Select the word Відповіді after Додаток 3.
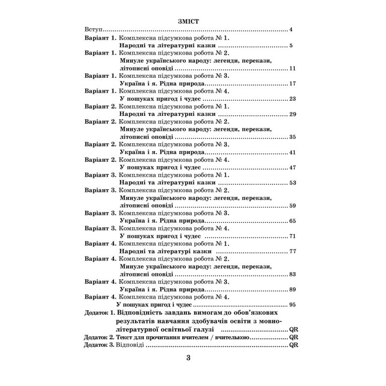click(x=130, y=345)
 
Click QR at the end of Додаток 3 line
click(x=294, y=345)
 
